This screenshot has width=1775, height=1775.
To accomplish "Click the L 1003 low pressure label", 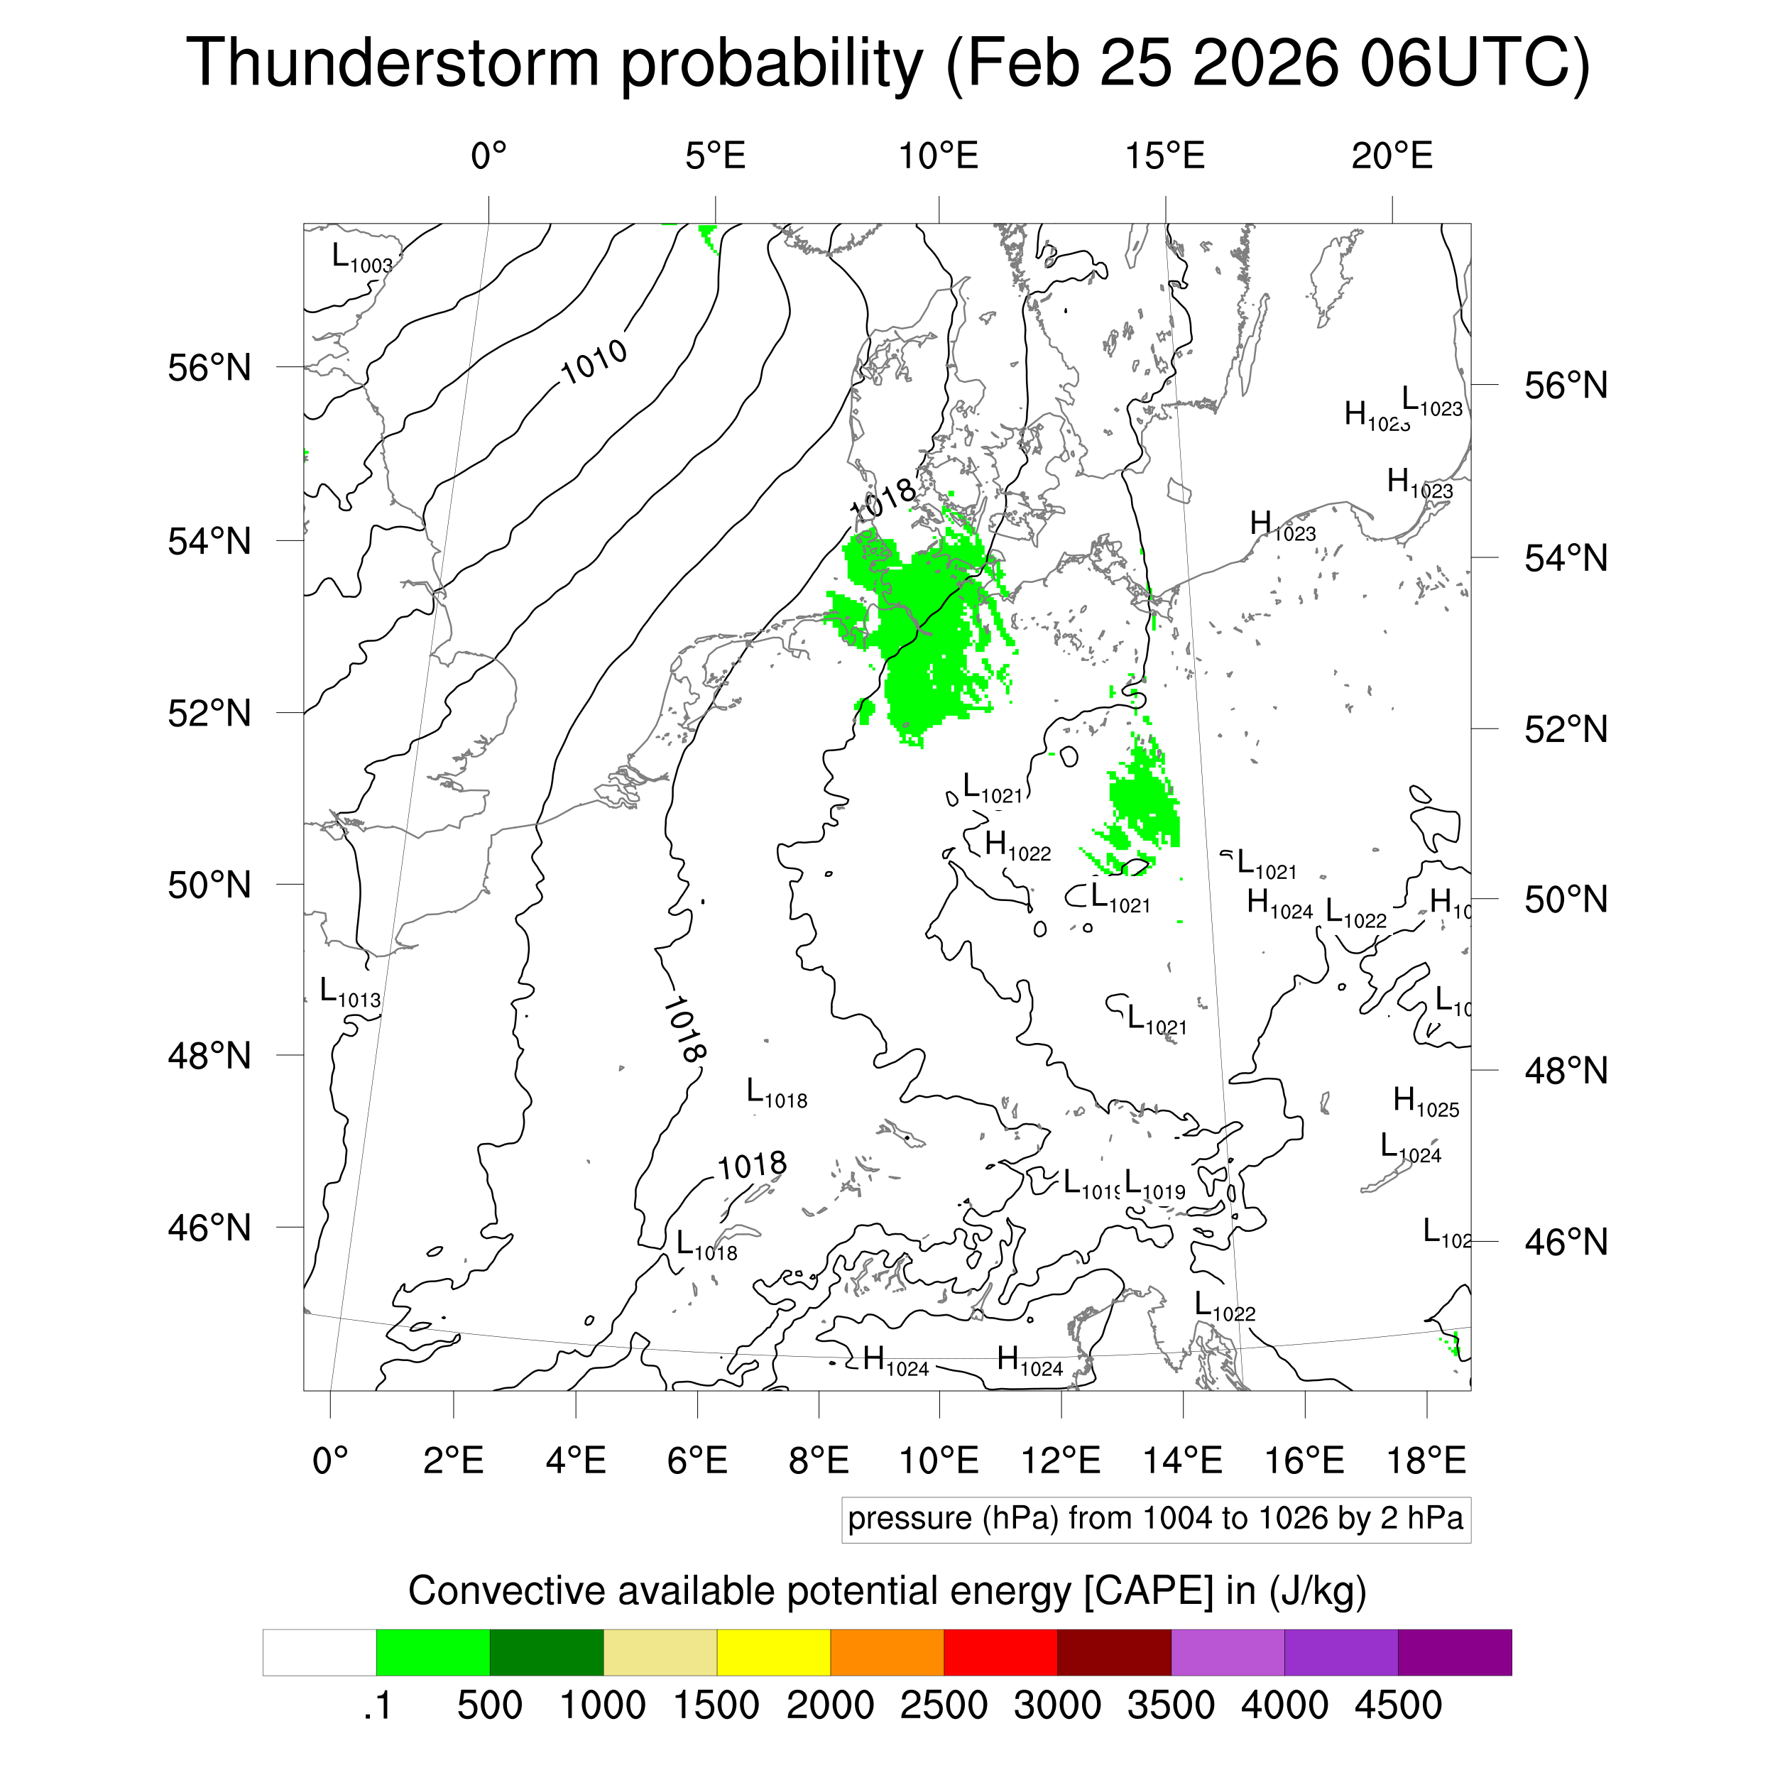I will (x=361, y=258).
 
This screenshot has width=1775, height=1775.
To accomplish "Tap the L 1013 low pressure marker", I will (x=349, y=993).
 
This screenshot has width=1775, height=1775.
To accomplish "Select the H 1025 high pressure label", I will (x=1425, y=1102).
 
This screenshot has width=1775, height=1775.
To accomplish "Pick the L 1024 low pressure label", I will (x=1410, y=1147).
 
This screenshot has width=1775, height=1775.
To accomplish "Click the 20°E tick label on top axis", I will (x=1391, y=156).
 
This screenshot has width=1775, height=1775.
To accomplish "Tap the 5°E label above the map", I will (x=715, y=156).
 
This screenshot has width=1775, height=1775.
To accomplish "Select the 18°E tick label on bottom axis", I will (x=1425, y=1460).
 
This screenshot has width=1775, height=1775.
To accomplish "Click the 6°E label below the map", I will (x=697, y=1460).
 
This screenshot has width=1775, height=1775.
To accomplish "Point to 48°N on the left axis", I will (x=209, y=1056).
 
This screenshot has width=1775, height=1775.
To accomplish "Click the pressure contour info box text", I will (x=1155, y=1518).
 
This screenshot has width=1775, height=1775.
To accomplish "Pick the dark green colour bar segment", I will (x=546, y=1652).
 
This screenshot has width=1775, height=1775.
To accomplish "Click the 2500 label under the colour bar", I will (x=944, y=1705).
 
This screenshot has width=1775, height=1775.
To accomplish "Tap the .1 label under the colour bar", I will (x=377, y=1705).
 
